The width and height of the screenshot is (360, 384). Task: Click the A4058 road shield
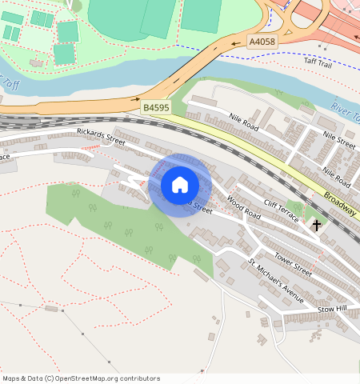click(x=261, y=42)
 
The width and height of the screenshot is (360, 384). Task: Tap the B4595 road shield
click(x=155, y=106)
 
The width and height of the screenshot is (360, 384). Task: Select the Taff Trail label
click(x=317, y=61)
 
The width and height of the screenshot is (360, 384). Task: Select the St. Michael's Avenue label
click(x=276, y=281)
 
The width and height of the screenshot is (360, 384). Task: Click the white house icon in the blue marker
click(x=180, y=185)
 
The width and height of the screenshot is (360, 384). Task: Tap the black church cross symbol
click(x=317, y=226)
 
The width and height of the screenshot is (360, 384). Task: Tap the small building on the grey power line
click(x=52, y=308)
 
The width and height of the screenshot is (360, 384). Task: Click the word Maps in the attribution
click(x=12, y=378)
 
